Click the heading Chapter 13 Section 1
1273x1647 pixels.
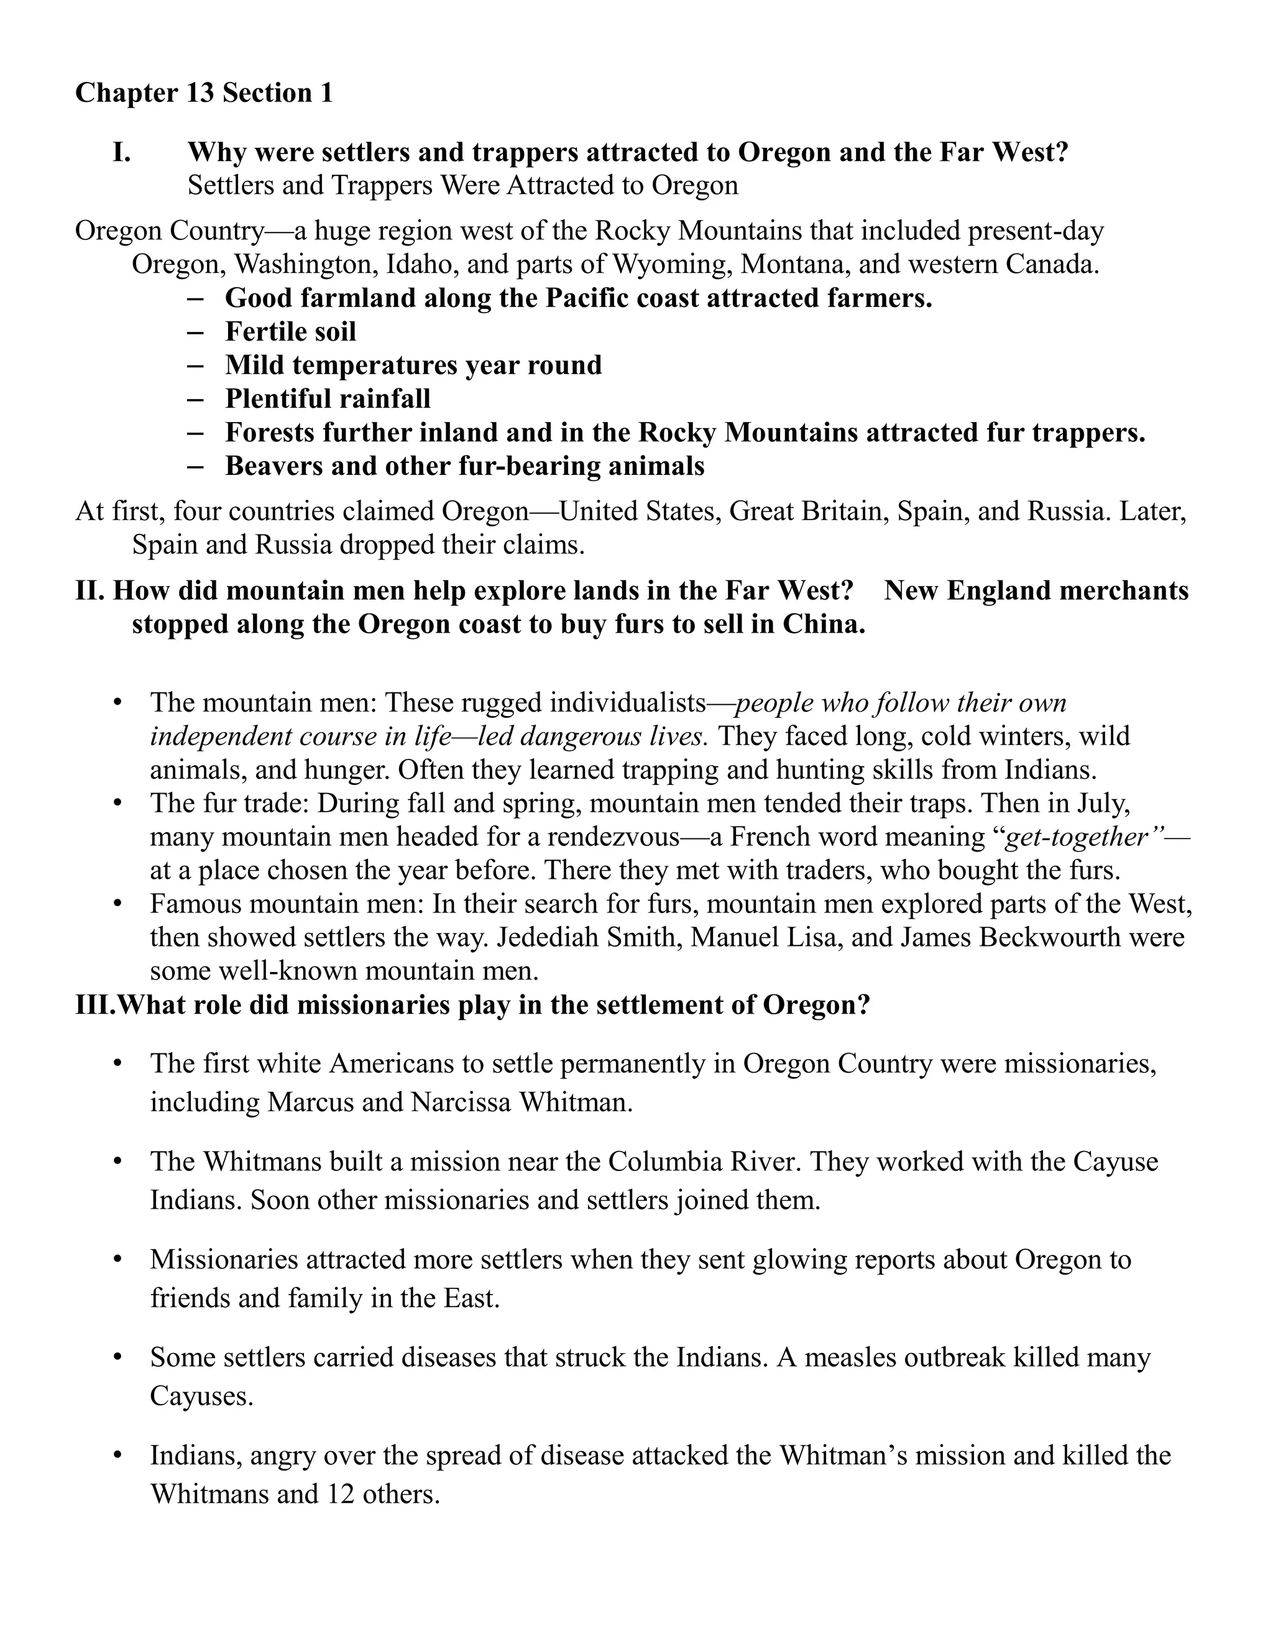(x=204, y=93)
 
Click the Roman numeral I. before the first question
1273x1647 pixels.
(x=122, y=152)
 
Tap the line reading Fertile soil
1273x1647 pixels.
(x=290, y=331)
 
